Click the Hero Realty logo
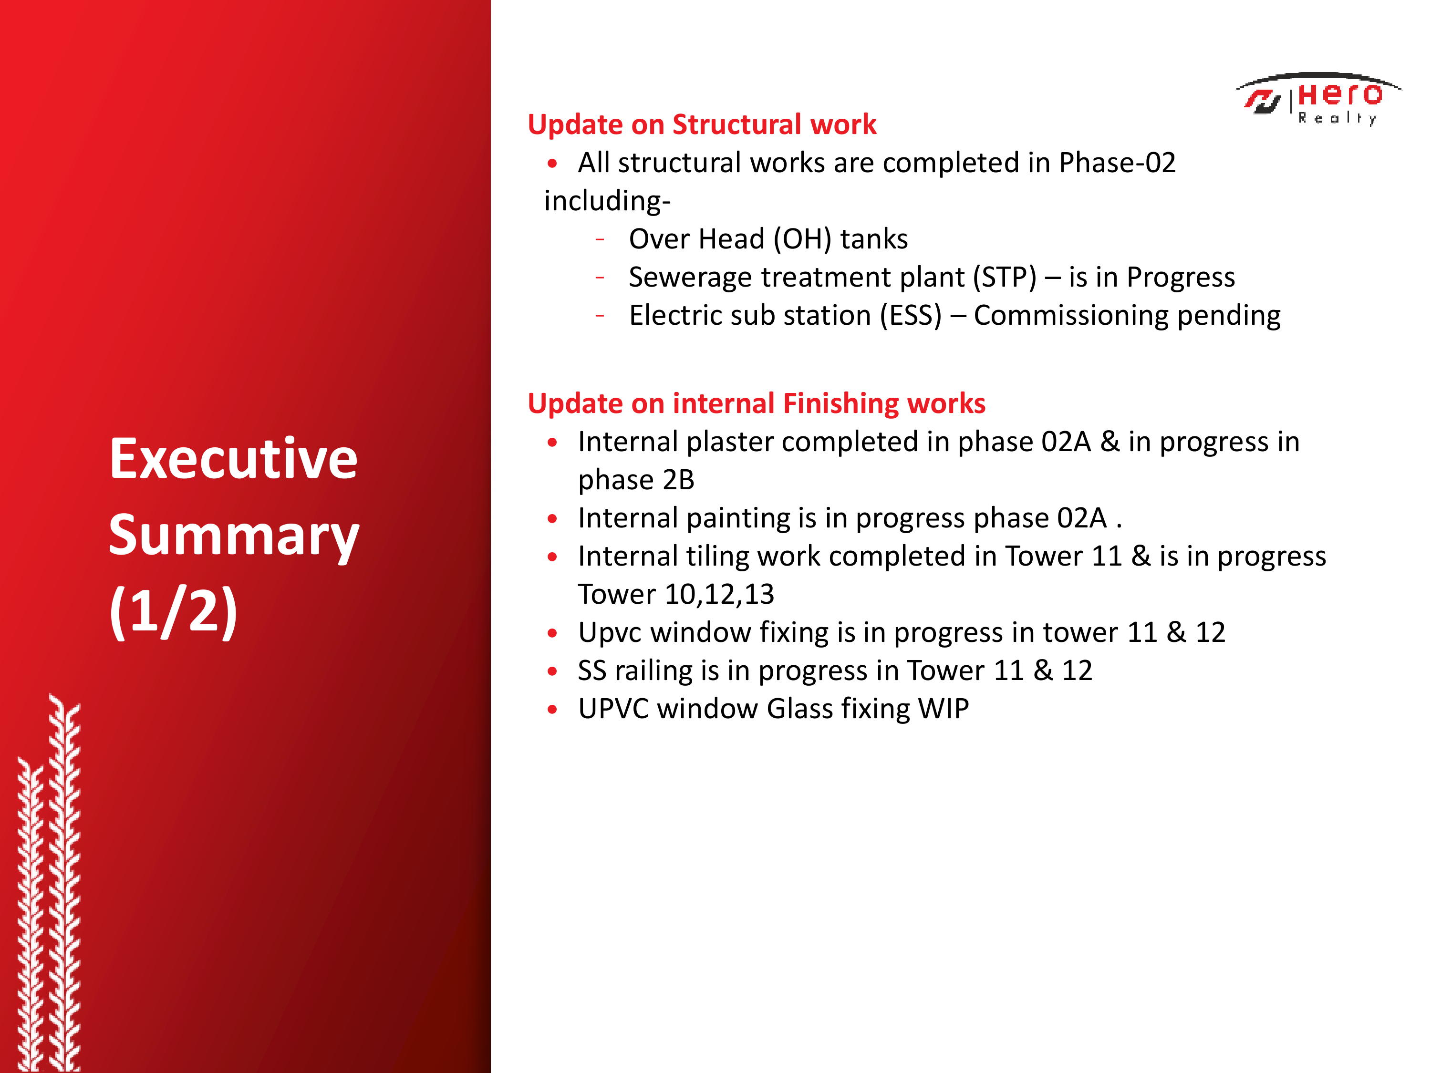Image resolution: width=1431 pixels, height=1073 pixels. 1318,99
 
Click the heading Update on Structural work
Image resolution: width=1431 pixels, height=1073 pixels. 702,124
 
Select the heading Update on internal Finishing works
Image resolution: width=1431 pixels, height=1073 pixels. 756,403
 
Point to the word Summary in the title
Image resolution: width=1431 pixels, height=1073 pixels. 234,537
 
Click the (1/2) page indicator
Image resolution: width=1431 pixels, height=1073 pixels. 173,611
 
